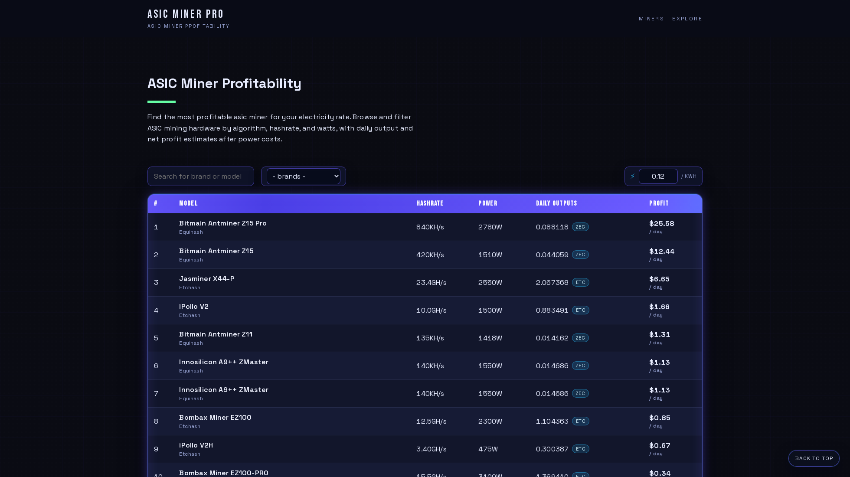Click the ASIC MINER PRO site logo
pyautogui.click(x=186, y=14)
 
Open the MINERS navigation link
pyautogui.click(x=651, y=19)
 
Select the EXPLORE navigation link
pyautogui.click(x=687, y=19)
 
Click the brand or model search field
pyautogui.click(x=201, y=176)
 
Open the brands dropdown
pyautogui.click(x=304, y=176)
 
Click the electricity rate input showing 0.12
pyautogui.click(x=658, y=176)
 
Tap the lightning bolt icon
pyautogui.click(x=633, y=176)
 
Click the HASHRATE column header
pyautogui.click(x=430, y=203)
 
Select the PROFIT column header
pyautogui.click(x=659, y=203)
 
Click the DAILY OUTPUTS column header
pyautogui.click(x=556, y=203)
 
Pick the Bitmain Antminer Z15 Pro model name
pyautogui.click(x=223, y=223)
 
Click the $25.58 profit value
pyautogui.click(x=662, y=223)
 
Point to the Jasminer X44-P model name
pyautogui.click(x=207, y=278)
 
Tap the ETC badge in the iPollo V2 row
pyautogui.click(x=581, y=310)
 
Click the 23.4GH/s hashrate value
pyautogui.click(x=432, y=282)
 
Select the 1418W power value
pyautogui.click(x=490, y=338)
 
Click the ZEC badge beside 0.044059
pyautogui.click(x=580, y=255)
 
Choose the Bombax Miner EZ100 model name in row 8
pyautogui.click(x=215, y=417)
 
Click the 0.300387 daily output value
pyautogui.click(x=552, y=449)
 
